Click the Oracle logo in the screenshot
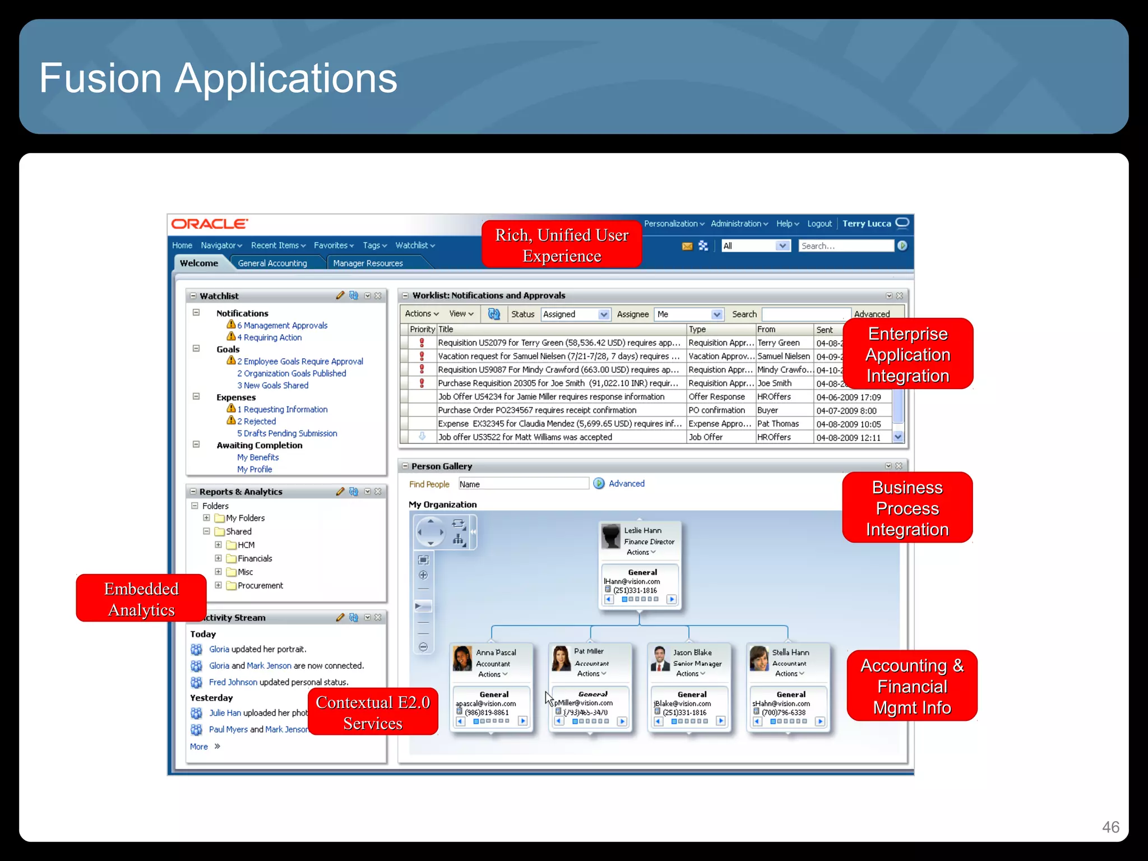tap(210, 224)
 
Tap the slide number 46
tap(1110, 827)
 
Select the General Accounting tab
tap(272, 263)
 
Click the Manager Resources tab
tap(368, 263)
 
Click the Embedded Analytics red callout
tap(141, 599)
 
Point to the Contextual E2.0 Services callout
tap(373, 712)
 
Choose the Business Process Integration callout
tap(907, 508)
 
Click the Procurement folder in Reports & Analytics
tap(260, 585)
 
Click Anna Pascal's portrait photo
tap(462, 659)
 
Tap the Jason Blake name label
tap(692, 652)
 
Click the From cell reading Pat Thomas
tap(777, 424)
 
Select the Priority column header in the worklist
tap(422, 329)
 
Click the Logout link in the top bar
tap(819, 224)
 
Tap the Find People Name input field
tap(523, 484)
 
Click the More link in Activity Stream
tap(199, 747)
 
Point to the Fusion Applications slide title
tap(218, 78)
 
